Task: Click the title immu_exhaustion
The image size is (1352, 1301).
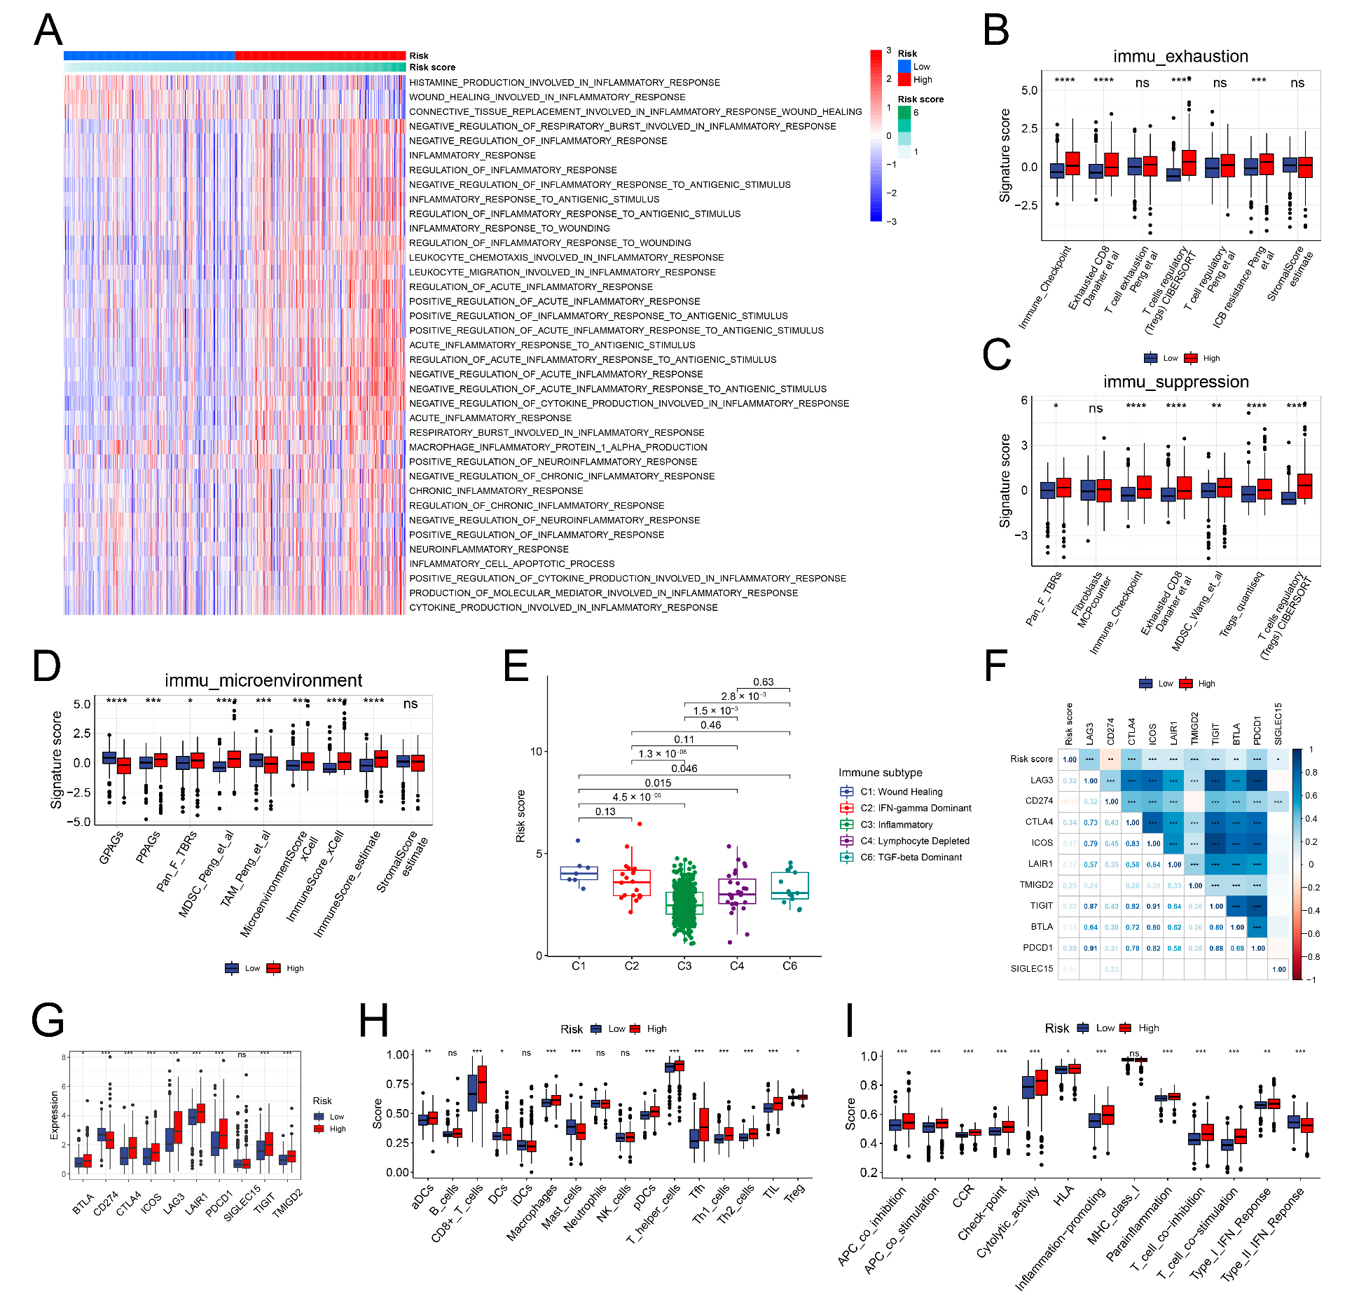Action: [1180, 56]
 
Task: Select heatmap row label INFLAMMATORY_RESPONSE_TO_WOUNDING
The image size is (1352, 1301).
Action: [509, 228]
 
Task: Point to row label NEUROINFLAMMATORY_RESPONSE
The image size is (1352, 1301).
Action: [488, 549]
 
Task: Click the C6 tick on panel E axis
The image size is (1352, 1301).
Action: [789, 966]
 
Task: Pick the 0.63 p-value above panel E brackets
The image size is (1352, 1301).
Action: [763, 682]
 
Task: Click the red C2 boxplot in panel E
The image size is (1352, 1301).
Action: [631, 882]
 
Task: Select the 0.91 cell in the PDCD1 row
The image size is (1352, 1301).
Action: [1090, 948]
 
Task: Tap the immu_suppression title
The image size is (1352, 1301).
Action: [1175, 382]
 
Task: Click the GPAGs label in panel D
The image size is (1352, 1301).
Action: [111, 847]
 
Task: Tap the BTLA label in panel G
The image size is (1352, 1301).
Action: [83, 1204]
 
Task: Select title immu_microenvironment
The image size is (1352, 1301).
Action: [263, 680]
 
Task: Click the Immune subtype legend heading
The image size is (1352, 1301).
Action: [880, 773]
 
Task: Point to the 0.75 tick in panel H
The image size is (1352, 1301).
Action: [398, 1084]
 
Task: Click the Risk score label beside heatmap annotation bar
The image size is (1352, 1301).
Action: [432, 67]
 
